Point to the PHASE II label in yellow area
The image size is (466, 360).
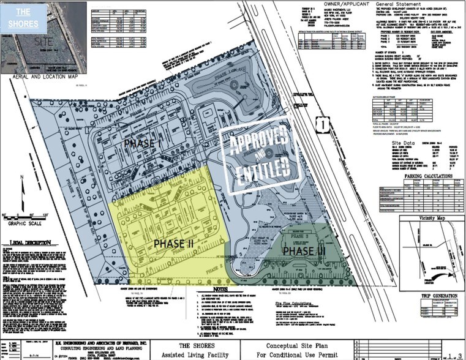(173, 243)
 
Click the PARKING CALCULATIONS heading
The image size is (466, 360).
(427, 176)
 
